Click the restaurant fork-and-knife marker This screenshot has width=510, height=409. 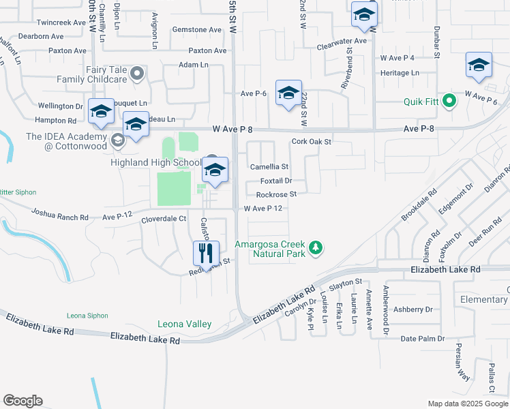[x=205, y=254]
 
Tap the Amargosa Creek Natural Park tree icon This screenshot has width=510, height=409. [x=315, y=247]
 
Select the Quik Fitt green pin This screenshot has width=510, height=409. [x=449, y=102]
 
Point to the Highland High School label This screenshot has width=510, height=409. [x=156, y=162]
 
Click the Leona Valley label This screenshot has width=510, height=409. [x=184, y=324]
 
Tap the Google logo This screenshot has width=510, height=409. [x=22, y=401]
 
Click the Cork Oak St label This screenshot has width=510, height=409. [x=311, y=142]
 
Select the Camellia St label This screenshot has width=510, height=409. [x=269, y=166]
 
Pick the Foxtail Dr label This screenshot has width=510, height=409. [x=276, y=181]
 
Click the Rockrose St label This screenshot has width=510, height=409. [x=276, y=194]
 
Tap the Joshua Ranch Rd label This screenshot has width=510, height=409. [x=60, y=217]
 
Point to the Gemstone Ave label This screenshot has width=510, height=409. [x=197, y=30]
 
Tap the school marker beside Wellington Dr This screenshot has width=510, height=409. [x=102, y=112]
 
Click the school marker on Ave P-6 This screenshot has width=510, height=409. [x=288, y=93]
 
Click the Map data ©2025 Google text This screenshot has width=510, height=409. [x=468, y=404]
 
